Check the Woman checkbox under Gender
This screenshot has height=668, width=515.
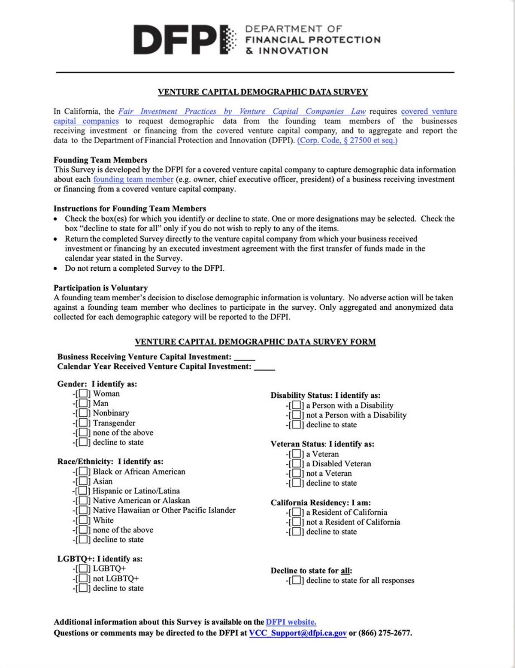[83, 393]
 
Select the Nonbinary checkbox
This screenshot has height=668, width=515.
[83, 413]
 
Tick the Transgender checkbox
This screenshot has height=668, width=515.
[83, 423]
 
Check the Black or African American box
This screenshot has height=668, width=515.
[83, 472]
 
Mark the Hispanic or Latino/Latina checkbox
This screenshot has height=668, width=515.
[83, 491]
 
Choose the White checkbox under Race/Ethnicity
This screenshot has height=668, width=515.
[83, 520]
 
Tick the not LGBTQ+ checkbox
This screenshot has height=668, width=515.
[83, 578]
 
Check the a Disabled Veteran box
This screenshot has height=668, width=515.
[296, 464]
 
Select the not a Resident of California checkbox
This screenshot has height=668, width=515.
[296, 522]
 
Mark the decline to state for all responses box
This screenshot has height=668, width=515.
[296, 580]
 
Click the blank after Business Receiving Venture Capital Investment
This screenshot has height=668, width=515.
[245, 358]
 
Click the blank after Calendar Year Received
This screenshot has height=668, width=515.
[264, 368]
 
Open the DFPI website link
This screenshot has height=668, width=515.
[291, 622]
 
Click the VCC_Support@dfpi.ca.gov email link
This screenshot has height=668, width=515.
[298, 633]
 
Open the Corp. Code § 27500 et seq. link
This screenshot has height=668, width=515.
[347, 140]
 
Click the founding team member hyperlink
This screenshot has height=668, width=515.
[133, 179]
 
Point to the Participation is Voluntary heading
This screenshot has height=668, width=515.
[100, 288]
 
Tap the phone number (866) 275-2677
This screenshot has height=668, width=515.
[385, 633]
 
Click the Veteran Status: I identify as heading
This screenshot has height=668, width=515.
[322, 444]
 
